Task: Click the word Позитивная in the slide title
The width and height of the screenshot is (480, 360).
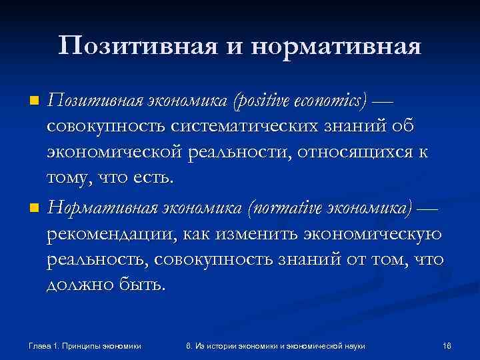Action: click(133, 46)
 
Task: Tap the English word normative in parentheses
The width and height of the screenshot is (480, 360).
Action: click(279, 207)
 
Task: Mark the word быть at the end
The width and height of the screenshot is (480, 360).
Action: click(141, 286)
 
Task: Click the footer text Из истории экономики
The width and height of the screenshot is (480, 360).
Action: click(240, 345)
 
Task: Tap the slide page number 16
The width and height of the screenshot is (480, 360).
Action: click(446, 345)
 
